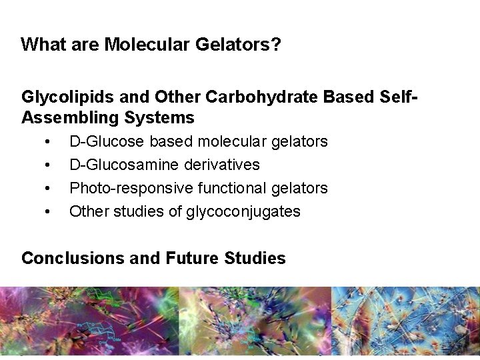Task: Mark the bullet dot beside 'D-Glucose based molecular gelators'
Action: point(47,142)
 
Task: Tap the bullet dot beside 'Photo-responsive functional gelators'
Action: point(47,189)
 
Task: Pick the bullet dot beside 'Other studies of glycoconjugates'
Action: point(47,212)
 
